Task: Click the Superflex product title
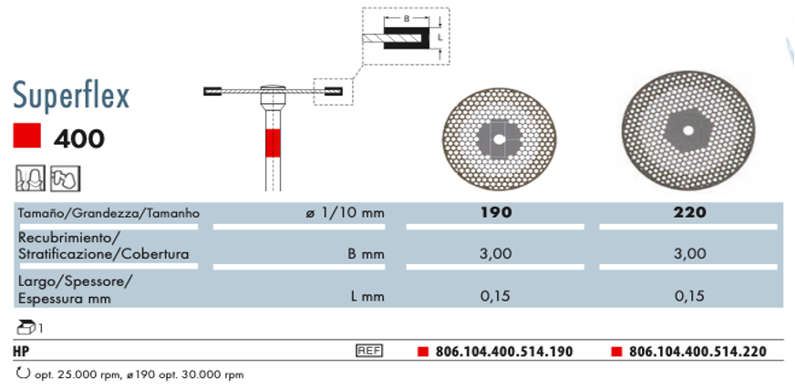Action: [71, 97]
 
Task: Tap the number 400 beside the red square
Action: [79, 138]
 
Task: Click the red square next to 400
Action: [26, 137]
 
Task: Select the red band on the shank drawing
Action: [273, 143]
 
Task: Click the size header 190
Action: [496, 212]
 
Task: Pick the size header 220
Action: [689, 212]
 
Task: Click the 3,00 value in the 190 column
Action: [495, 253]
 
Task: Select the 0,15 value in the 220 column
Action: [689, 295]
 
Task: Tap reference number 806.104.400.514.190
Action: [504, 351]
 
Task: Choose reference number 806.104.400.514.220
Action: [697, 351]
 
